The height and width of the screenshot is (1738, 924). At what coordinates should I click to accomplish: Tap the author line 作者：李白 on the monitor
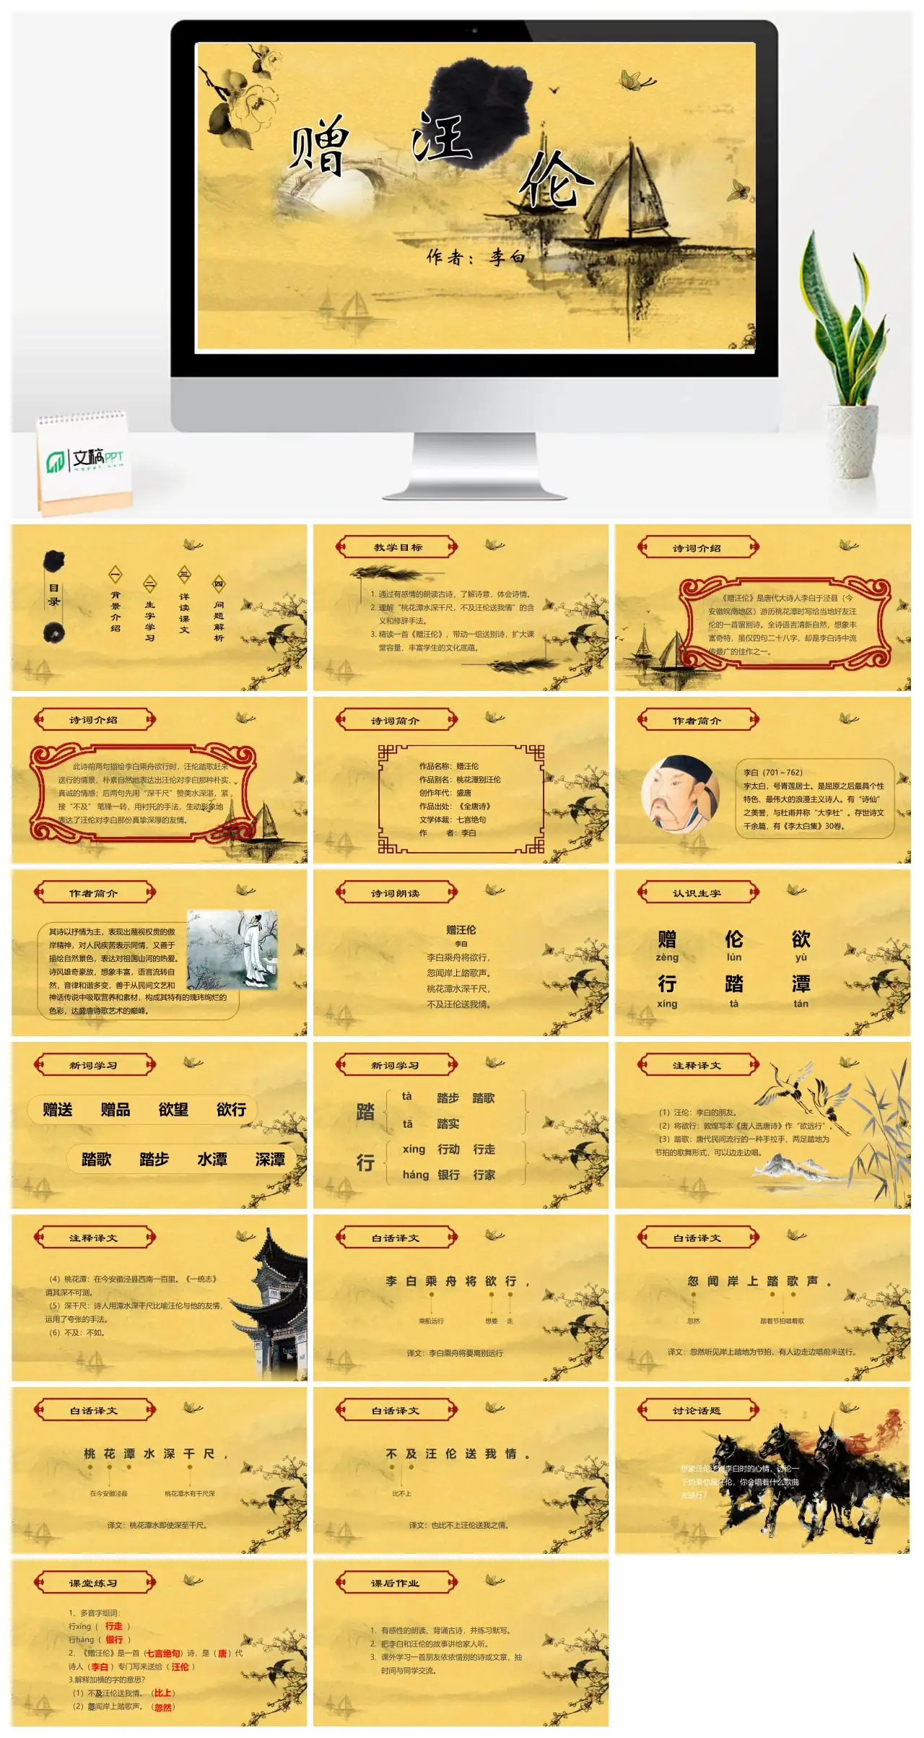(476, 257)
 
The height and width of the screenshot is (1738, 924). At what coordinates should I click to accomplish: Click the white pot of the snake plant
(853, 440)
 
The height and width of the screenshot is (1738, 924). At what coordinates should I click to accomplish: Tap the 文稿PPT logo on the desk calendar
(85, 459)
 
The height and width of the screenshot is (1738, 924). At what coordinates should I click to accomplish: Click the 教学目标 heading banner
(397, 547)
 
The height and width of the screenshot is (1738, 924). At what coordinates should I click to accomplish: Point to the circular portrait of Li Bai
(680, 794)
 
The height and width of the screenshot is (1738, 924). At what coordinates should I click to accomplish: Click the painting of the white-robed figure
(232, 949)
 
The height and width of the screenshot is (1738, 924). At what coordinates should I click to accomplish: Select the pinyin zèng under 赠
(667, 957)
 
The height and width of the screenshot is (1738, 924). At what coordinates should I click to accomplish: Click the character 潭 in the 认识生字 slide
(801, 983)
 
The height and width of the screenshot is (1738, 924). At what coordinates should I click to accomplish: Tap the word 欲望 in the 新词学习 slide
(173, 1110)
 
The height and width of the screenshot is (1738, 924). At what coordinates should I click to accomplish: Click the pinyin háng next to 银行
(415, 1175)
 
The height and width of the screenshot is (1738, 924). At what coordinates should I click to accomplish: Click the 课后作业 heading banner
(397, 1583)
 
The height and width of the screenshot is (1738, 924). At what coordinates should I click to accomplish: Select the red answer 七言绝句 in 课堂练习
(162, 1653)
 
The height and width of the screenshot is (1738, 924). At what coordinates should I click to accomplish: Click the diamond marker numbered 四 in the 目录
(219, 584)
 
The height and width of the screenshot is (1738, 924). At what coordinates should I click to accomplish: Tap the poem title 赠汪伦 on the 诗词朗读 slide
(461, 930)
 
